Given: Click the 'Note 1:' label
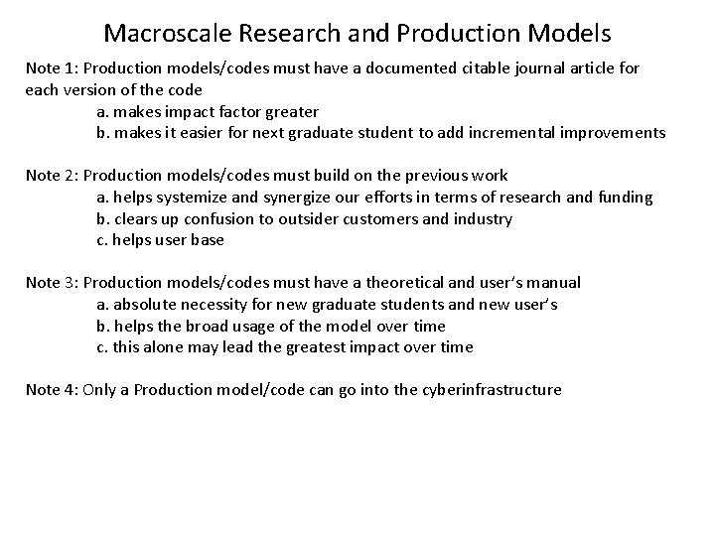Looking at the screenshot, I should [51, 68].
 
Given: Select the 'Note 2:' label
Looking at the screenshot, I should [51, 176].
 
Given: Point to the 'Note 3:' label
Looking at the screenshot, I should [51, 283].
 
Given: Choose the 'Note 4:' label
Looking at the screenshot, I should [51, 390].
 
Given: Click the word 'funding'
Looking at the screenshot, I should [626, 198].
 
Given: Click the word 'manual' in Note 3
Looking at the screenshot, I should [554, 283].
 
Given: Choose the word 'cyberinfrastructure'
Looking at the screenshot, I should [491, 390].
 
